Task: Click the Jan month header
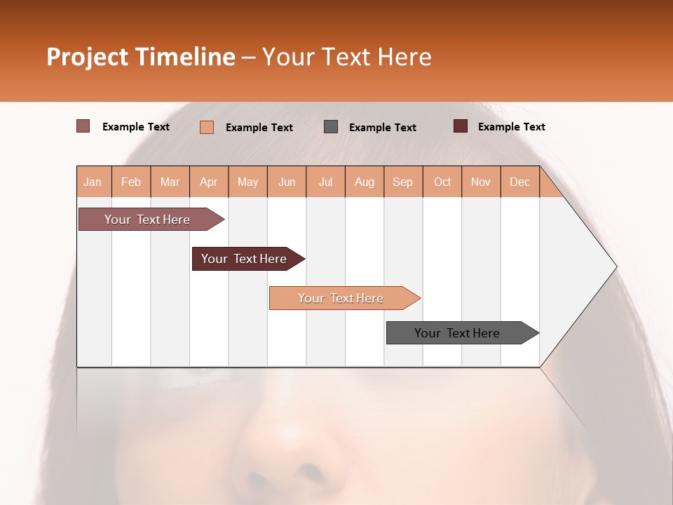[93, 182]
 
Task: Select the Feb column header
[131, 182]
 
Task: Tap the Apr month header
[209, 182]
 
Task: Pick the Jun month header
[287, 182]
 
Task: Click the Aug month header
[365, 182]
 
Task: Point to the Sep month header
[403, 182]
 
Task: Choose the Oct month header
[442, 182]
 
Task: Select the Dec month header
[520, 182]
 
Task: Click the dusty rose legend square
[83, 126]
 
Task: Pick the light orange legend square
[207, 127]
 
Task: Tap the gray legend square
[331, 126]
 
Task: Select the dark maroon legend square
[461, 126]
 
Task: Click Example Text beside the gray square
[383, 127]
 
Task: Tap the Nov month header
[481, 182]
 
